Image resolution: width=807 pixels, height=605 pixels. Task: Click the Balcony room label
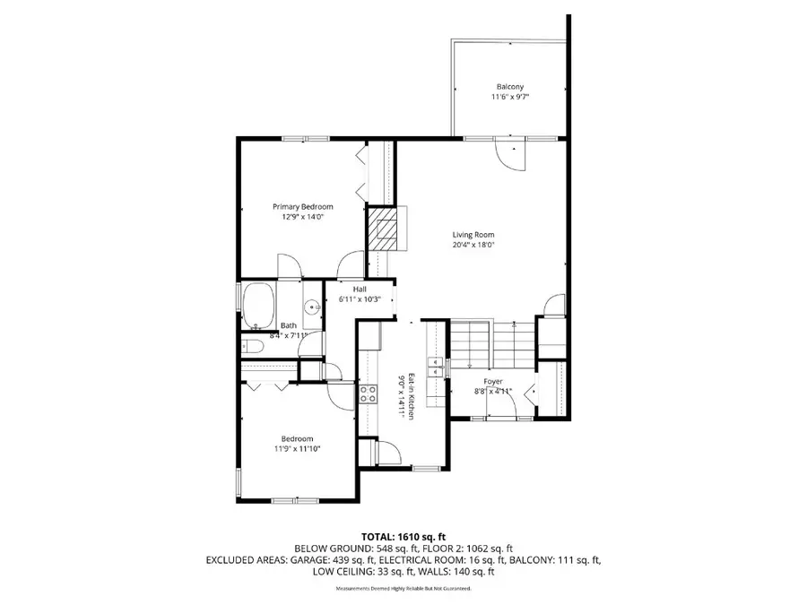point(508,87)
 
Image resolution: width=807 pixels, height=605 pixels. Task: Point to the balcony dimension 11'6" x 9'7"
point(508,98)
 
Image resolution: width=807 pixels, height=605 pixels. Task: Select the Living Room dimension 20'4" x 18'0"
point(473,245)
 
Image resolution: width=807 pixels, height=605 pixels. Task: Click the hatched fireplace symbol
point(383,229)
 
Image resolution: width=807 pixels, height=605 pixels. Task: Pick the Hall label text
point(359,289)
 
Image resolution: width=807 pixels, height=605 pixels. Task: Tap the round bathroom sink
point(313,307)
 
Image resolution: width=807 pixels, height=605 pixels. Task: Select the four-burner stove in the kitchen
point(368,395)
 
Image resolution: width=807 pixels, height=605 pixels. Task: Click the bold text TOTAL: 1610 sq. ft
point(403,534)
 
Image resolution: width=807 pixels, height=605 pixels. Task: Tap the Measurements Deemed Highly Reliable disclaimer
point(403,589)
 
